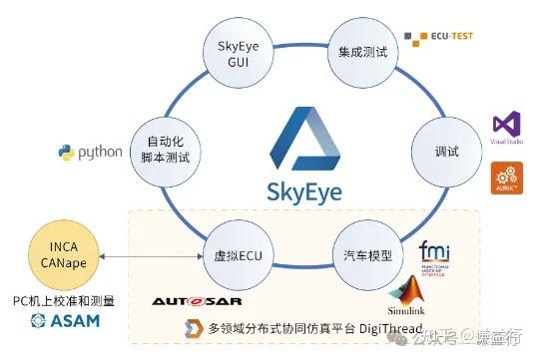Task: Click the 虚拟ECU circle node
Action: tap(238, 253)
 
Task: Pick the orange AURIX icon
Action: tap(504, 179)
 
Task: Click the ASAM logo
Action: tap(62, 320)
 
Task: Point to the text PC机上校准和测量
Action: tap(63, 300)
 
